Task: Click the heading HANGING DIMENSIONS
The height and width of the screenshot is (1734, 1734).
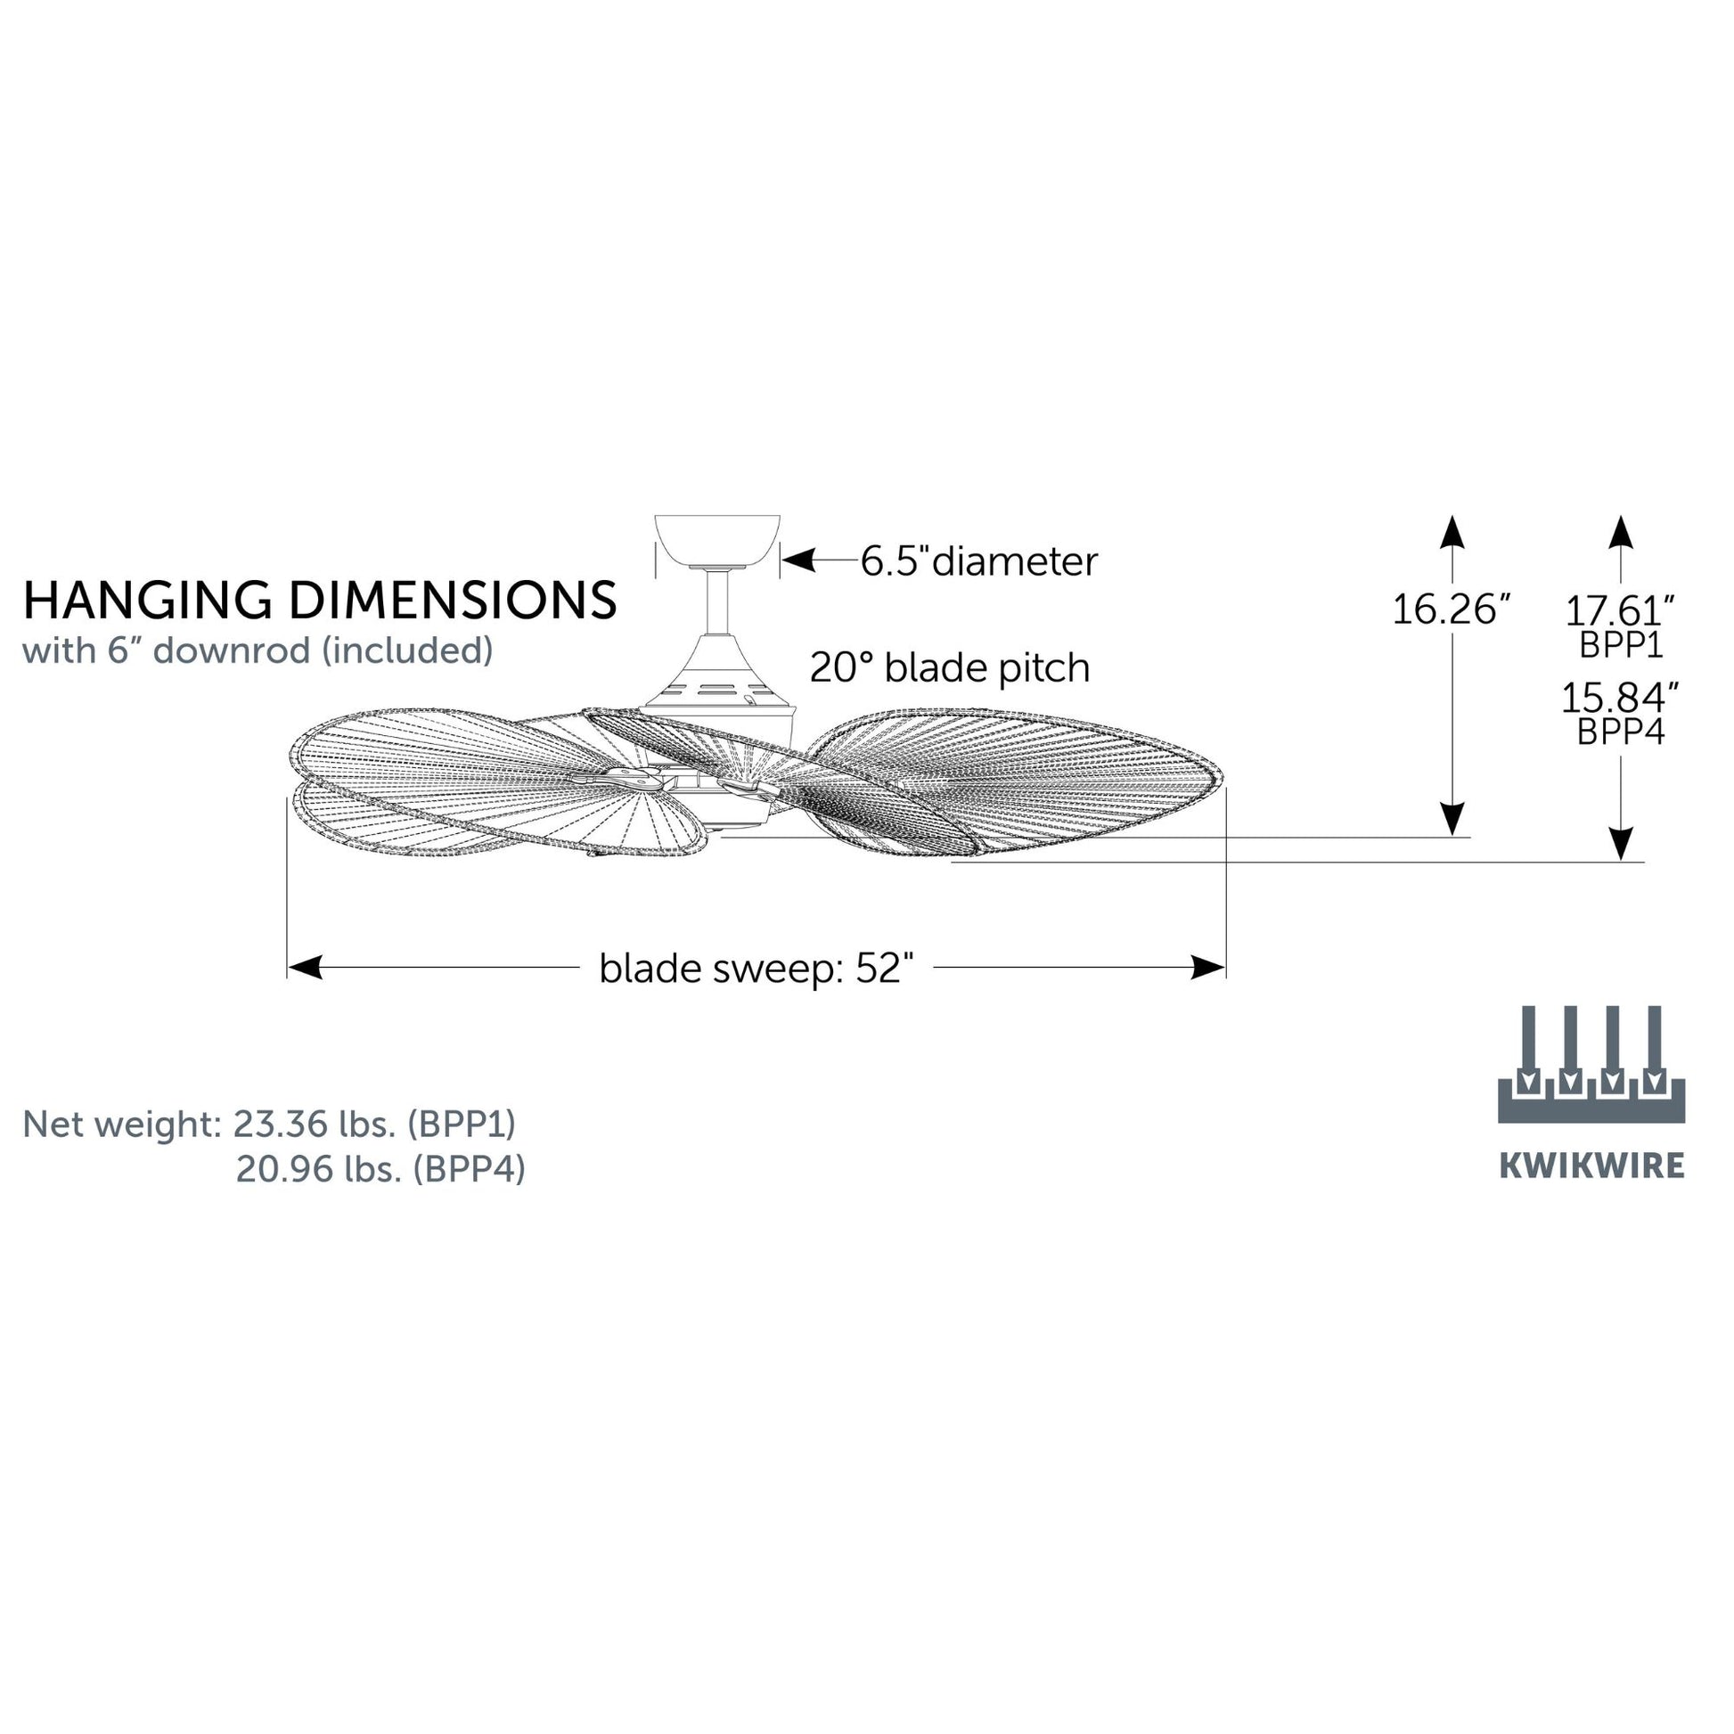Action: tap(320, 601)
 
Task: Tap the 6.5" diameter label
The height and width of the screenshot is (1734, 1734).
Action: tap(979, 562)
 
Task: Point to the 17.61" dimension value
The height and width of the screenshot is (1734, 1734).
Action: tap(1621, 611)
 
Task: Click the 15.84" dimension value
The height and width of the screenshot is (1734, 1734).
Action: tap(1621, 699)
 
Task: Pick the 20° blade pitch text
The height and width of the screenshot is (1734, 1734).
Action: tap(950, 667)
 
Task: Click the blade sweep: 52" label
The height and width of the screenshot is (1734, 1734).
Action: tap(757, 969)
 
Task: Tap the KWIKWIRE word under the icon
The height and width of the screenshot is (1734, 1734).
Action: tap(1592, 1166)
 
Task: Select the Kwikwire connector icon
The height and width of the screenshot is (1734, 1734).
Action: tap(1591, 1065)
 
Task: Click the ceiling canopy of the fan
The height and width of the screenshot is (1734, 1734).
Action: tap(717, 542)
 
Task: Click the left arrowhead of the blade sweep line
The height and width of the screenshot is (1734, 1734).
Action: tap(305, 968)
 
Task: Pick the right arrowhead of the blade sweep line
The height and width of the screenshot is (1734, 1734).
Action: tap(1208, 968)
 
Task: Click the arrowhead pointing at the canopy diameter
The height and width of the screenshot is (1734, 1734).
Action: tap(797, 562)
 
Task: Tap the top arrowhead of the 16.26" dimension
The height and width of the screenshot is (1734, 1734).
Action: tap(1452, 531)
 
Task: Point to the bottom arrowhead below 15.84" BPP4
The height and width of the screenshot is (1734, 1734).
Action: tap(1621, 844)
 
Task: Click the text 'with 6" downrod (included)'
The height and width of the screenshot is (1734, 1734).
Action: tap(258, 650)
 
